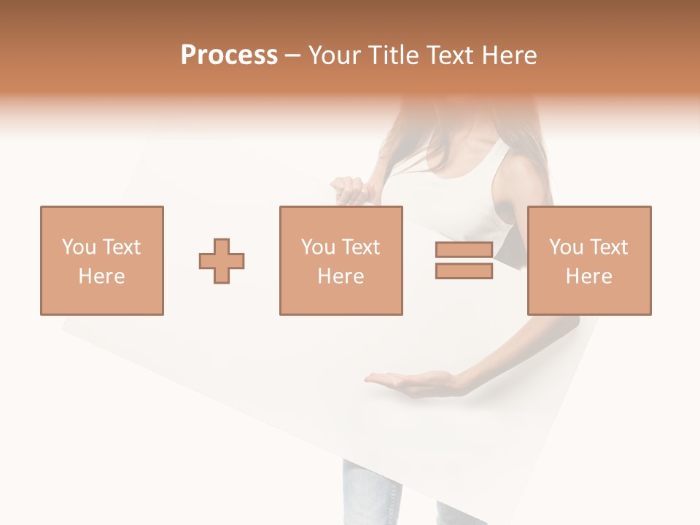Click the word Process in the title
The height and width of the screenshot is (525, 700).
(x=229, y=55)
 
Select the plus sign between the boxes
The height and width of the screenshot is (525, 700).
(x=222, y=261)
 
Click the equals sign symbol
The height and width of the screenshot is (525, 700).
(x=464, y=261)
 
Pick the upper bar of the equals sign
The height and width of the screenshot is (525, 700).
(x=464, y=250)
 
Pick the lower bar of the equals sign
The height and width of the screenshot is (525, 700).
(x=464, y=271)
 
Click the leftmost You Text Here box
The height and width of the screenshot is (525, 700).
(x=102, y=260)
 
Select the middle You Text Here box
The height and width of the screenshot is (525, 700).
(x=341, y=260)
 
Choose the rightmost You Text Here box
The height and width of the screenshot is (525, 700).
(x=588, y=260)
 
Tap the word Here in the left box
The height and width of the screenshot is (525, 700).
(x=101, y=276)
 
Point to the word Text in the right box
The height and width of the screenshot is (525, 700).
(x=607, y=247)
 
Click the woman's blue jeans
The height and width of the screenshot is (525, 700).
(x=368, y=496)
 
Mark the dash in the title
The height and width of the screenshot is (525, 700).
(x=293, y=55)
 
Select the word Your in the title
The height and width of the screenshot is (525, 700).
(x=335, y=55)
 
